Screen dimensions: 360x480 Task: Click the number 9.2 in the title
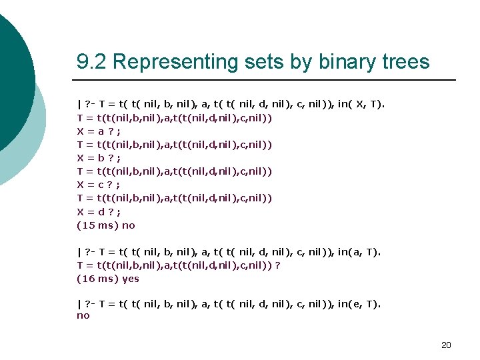pos(92,62)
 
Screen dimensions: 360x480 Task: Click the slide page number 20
pos(446,345)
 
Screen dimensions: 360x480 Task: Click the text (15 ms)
pos(97,225)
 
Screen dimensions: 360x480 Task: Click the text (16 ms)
pos(97,279)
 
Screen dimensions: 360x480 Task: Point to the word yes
pos(131,279)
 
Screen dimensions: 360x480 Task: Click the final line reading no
pos(83,315)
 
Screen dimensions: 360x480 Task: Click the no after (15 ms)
pos(129,225)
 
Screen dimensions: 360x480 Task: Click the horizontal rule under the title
pos(266,80)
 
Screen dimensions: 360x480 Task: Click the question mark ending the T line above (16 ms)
pos(277,265)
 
